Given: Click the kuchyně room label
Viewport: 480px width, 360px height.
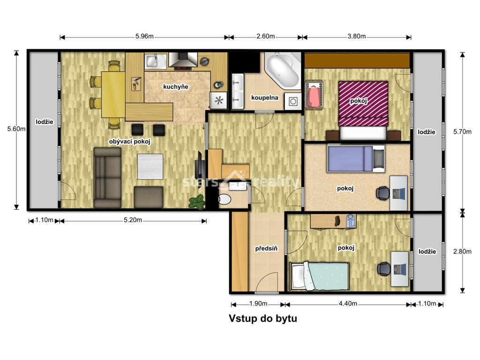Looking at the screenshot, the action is (175, 87).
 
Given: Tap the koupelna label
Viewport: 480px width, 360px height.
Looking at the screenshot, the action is (265, 97).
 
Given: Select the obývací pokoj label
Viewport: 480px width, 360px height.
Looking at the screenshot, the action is (129, 142).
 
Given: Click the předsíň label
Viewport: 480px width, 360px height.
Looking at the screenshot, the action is (266, 248).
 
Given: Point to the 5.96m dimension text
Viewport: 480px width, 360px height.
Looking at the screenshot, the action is (144, 36).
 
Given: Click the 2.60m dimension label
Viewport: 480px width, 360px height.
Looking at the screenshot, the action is (265, 36).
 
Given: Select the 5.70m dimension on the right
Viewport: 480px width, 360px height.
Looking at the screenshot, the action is (462, 132).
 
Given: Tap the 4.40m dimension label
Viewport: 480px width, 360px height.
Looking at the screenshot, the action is (348, 304).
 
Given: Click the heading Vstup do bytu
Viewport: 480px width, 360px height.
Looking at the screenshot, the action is (263, 318).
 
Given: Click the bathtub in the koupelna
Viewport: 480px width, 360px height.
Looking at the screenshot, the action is (283, 71).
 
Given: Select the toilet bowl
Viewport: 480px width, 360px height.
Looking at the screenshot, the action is (225, 200).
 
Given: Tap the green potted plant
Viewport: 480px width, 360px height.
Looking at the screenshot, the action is (197, 202).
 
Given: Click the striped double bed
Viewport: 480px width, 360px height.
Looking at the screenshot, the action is (363, 104).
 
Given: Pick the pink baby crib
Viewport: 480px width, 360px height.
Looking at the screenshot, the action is (314, 94).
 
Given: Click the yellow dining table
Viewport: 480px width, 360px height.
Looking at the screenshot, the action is (113, 94).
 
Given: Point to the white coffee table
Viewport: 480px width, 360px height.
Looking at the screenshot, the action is (150, 166).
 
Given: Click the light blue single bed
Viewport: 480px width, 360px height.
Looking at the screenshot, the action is (319, 276).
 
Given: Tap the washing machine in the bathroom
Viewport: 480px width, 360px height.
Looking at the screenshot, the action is (293, 101).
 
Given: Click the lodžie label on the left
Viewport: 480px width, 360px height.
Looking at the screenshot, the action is (45, 122).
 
